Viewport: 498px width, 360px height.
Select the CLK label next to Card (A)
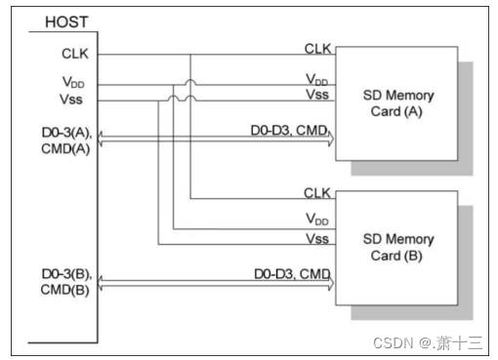317,48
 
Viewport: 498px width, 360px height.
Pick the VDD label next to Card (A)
317,78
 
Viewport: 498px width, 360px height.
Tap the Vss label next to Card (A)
317,94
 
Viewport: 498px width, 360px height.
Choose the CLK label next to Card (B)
317,192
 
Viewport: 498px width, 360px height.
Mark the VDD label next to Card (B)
317,220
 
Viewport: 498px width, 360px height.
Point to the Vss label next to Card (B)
317,237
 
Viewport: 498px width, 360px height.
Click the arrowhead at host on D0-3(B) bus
101,284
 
